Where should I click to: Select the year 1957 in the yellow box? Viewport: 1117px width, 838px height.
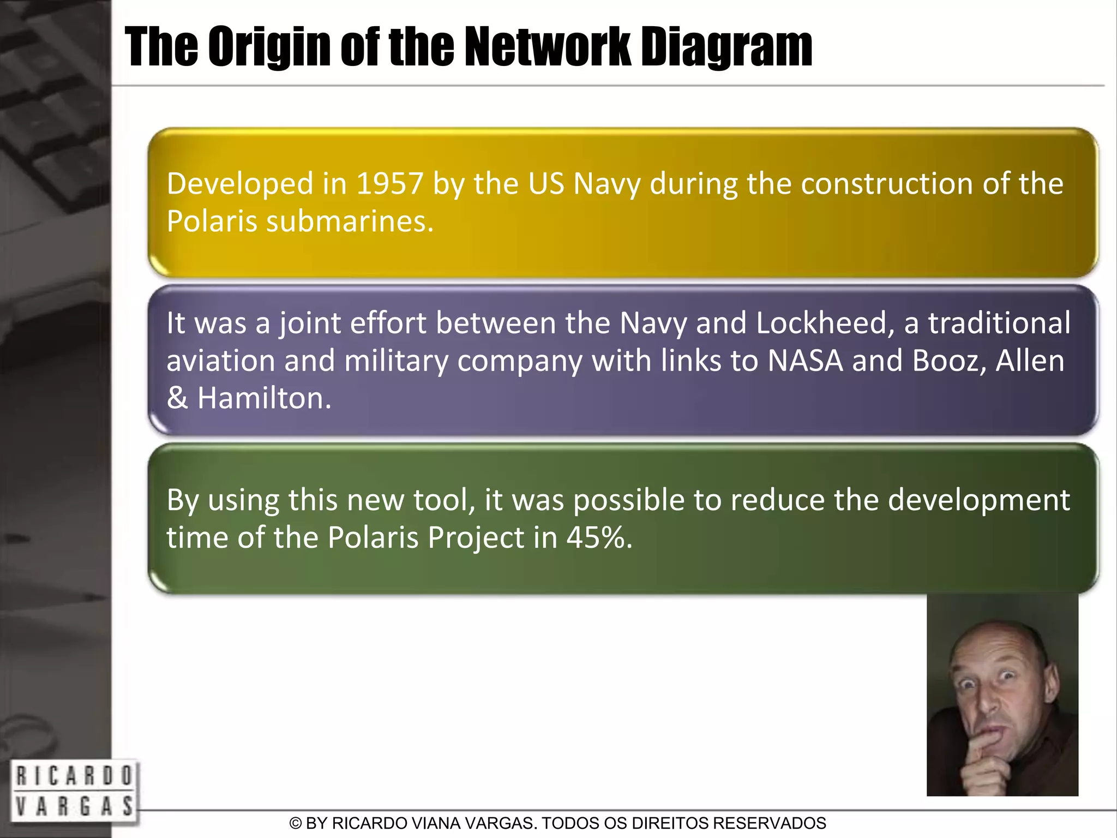389,184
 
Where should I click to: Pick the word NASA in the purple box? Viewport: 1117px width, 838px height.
805,361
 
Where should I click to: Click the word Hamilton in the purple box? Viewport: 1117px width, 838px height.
264,398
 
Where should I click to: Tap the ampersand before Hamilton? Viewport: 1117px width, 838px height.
177,398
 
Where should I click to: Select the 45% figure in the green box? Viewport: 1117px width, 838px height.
599,538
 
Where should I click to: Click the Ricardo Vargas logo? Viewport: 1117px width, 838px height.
73,791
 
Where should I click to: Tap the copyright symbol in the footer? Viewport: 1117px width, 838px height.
296,823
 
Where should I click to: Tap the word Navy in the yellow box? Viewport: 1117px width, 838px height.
606,184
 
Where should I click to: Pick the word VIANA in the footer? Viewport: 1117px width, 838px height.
441,823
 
